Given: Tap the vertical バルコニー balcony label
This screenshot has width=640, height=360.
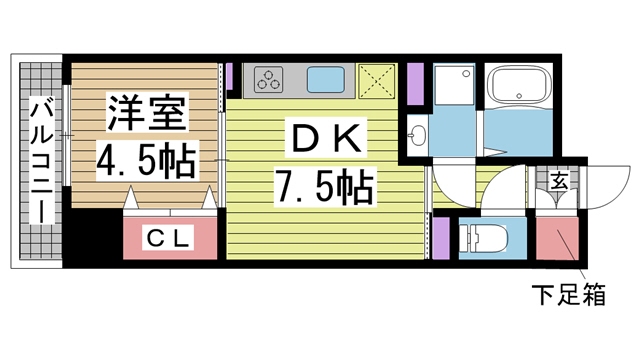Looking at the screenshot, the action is tap(40, 165).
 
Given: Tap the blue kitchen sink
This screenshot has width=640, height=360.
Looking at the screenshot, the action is tap(325, 78).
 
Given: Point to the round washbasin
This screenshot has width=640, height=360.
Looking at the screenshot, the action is tap(418, 136).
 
